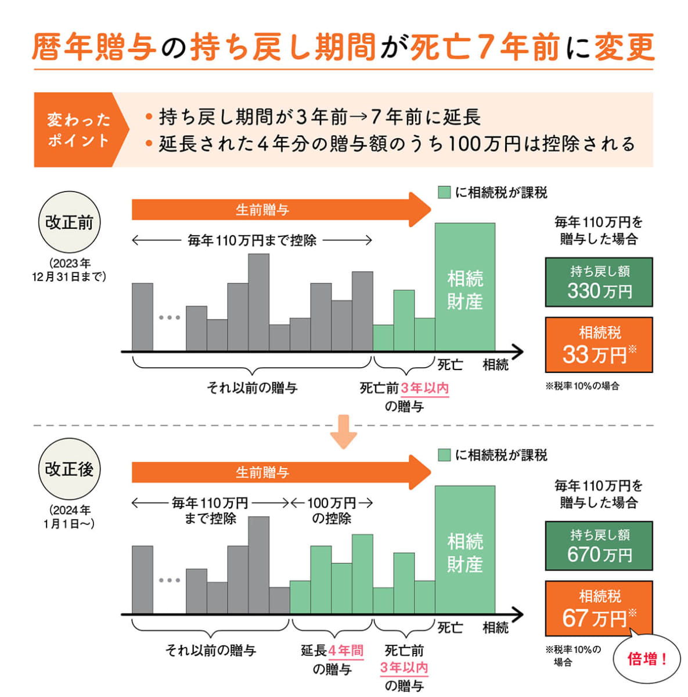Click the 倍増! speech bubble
coord(647,660)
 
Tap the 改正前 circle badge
coord(69,222)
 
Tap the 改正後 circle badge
coord(69,469)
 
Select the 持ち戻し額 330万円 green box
coord(599,282)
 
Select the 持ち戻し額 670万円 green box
coord(599,545)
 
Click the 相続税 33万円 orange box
coord(599,344)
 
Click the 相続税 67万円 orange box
coord(599,608)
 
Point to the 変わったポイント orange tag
coord(78,130)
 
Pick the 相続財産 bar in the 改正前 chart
coord(465,288)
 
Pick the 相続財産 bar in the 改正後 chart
coord(465,550)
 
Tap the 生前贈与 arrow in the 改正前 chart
coord(279,210)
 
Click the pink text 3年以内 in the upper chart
coord(424,388)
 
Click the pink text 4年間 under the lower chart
coord(346,651)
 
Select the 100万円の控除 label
coord(332,510)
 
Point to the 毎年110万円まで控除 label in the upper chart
coord(252,240)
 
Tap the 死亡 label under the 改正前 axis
coord(450,365)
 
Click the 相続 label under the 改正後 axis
coord(495,627)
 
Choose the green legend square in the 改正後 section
coord(444,455)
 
